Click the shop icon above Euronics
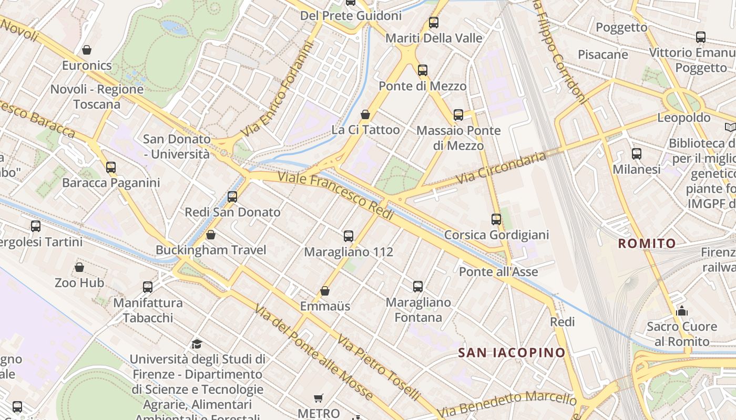point(87,50)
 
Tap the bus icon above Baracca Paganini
point(111,167)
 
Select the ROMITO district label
point(647,243)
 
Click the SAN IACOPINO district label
point(512,352)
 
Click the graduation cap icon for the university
point(197,344)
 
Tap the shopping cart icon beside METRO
point(318,398)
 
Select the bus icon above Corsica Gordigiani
point(496,219)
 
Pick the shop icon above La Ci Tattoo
point(365,114)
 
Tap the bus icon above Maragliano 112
point(349,236)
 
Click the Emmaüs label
point(325,306)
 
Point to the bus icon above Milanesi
point(637,154)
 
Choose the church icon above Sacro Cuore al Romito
point(682,311)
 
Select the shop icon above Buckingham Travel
point(211,235)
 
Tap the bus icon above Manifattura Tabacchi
point(148,287)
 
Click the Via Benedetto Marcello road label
point(507,404)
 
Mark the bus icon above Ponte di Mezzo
point(423,70)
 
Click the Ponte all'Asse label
point(498,271)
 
